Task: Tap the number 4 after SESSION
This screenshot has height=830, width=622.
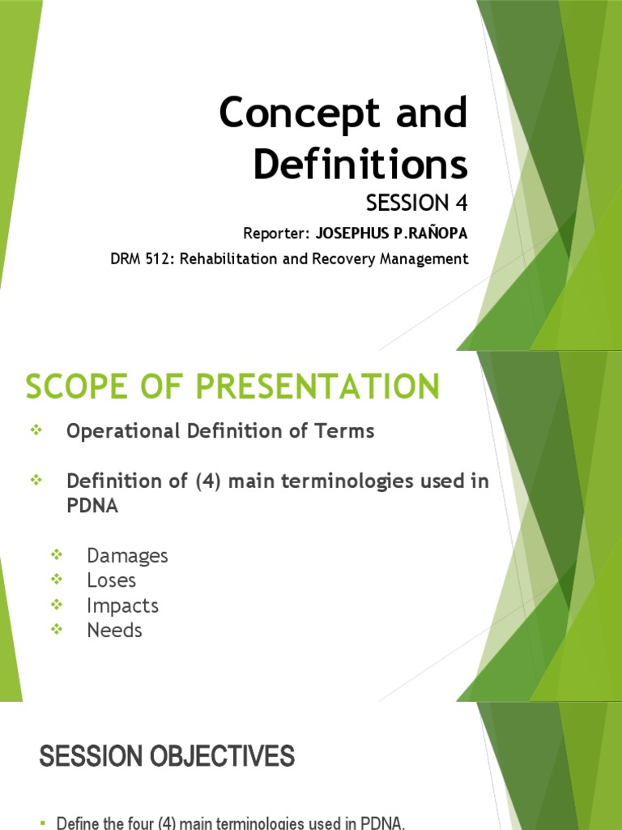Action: (x=460, y=202)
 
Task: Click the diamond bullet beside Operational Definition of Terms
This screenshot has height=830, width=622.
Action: (x=35, y=431)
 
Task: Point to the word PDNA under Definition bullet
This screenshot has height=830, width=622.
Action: (x=92, y=505)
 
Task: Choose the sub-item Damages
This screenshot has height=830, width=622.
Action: (x=127, y=556)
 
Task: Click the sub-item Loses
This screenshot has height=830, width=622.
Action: (x=112, y=580)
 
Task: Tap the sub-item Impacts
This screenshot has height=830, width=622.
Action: (x=122, y=605)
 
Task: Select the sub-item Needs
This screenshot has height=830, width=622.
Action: (x=114, y=630)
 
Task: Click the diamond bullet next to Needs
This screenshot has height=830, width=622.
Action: (x=56, y=629)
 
